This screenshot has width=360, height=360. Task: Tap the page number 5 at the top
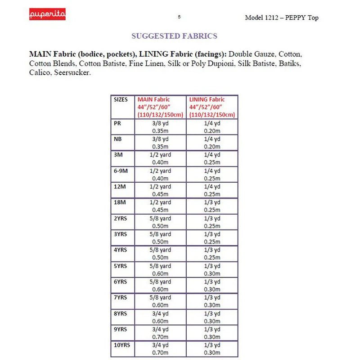179,17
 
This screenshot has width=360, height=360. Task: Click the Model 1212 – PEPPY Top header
282,18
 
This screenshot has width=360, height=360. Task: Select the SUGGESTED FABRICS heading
174,36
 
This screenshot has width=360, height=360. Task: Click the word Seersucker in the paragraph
72,73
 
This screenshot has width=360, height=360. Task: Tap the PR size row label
118,123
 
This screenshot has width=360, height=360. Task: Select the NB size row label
119,139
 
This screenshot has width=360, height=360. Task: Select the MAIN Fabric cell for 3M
160,158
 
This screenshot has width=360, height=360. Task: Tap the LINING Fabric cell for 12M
211,190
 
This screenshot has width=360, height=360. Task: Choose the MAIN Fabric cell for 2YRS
160,222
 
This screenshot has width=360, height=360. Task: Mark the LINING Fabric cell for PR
211,127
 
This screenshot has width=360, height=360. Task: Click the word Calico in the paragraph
40,73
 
